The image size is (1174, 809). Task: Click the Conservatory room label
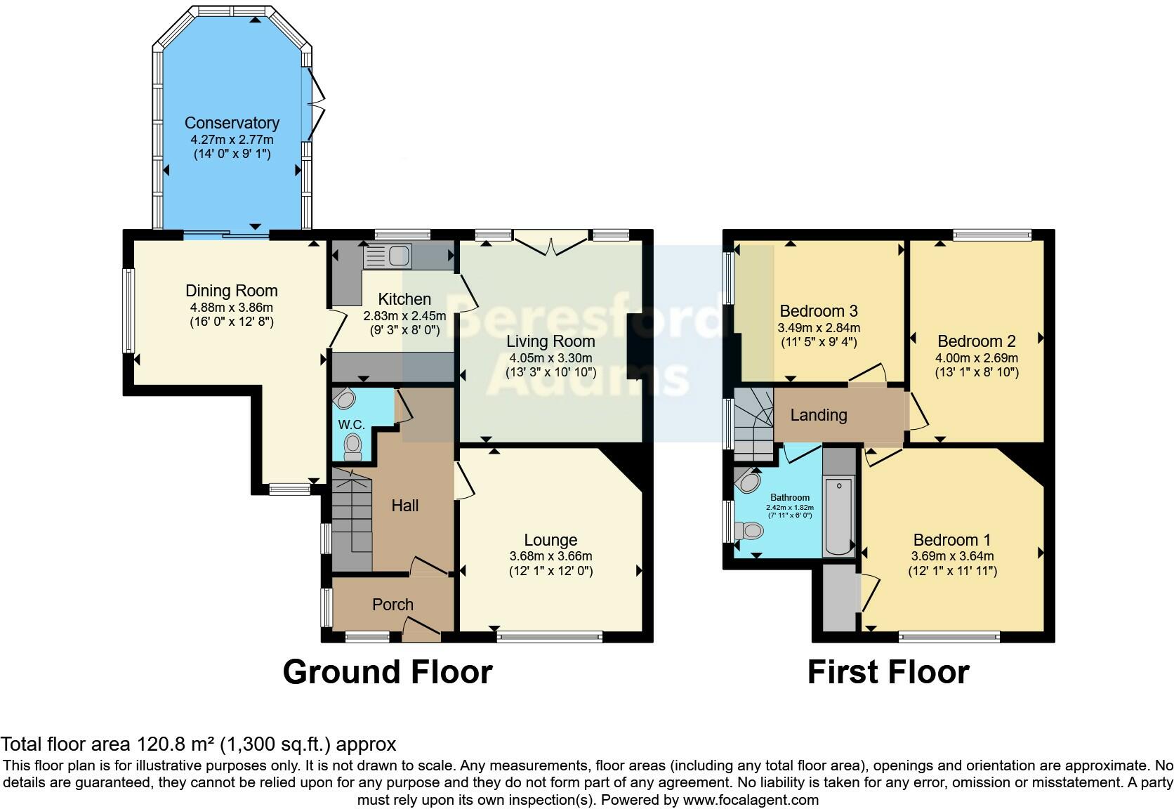[x=232, y=123]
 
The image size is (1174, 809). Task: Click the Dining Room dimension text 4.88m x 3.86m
[x=231, y=308]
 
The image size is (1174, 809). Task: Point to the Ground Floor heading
[x=387, y=672]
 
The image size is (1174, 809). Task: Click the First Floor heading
[x=888, y=672]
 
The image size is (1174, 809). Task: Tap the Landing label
[x=818, y=415]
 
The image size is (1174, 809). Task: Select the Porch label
[x=393, y=605]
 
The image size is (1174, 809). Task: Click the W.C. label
[x=351, y=425]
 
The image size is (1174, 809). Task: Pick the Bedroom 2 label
[x=976, y=341]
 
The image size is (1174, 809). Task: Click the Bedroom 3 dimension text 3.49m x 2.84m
[x=818, y=328]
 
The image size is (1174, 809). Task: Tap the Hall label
[x=405, y=506]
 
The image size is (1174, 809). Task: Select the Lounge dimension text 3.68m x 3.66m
[x=550, y=556]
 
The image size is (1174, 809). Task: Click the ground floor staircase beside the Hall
[x=351, y=520]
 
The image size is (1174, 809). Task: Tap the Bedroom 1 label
[x=951, y=540]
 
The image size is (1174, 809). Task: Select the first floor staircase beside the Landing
[x=753, y=421]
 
